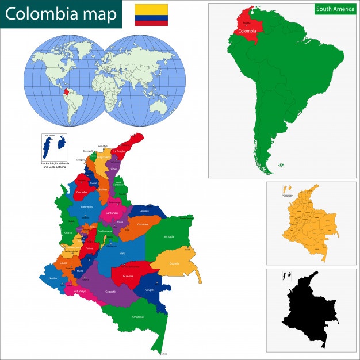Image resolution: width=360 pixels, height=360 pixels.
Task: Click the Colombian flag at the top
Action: coord(151,15)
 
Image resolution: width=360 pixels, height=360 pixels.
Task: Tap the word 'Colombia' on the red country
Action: coord(247,32)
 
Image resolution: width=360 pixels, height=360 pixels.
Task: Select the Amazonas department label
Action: coord(137,317)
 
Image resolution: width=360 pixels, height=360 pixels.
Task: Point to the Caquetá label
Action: coord(110,292)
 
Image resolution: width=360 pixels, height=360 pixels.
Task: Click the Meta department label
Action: coord(121,253)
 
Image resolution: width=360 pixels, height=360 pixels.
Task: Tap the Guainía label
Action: coord(174,263)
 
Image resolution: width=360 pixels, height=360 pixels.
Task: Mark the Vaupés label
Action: coord(149,290)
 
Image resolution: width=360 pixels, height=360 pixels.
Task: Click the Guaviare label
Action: coord(128,276)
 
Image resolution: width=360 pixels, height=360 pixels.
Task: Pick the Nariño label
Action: coord(53,278)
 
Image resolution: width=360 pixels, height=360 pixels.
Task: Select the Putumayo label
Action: coord(79,292)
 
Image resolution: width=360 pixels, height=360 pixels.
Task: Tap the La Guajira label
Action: coord(120,151)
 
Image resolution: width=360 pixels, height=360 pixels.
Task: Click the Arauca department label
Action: coord(144,211)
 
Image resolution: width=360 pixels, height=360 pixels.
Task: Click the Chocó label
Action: coord(68,232)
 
